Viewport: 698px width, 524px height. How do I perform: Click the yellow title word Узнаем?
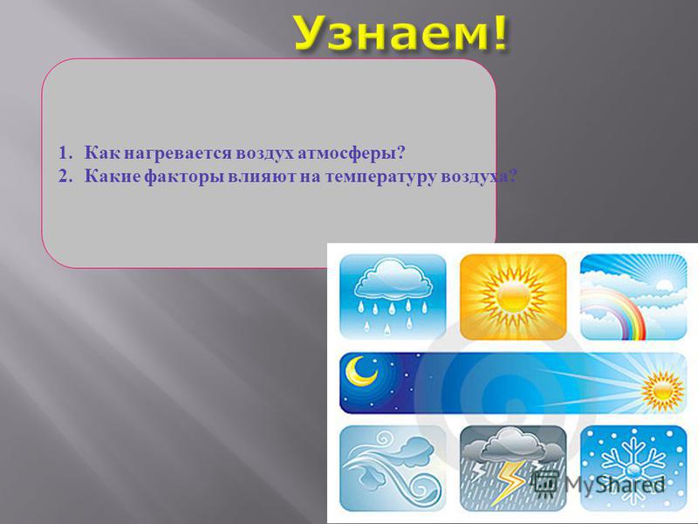point(400,33)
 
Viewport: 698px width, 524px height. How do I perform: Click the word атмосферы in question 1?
point(351,153)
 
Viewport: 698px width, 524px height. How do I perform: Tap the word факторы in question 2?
point(184,176)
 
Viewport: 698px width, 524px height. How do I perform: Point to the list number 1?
point(65,153)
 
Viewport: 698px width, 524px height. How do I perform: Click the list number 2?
point(65,176)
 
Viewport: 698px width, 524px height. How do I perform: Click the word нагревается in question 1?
point(178,154)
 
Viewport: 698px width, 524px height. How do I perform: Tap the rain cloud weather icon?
point(392,296)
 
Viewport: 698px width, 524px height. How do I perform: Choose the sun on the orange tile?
point(513,297)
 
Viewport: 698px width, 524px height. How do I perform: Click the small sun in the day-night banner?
point(662,391)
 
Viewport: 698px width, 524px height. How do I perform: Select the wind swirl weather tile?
point(392,468)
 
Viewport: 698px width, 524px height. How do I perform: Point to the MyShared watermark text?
point(614,485)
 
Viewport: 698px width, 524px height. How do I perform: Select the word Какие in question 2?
point(113,176)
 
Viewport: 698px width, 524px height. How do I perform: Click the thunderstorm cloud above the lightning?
point(512,445)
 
